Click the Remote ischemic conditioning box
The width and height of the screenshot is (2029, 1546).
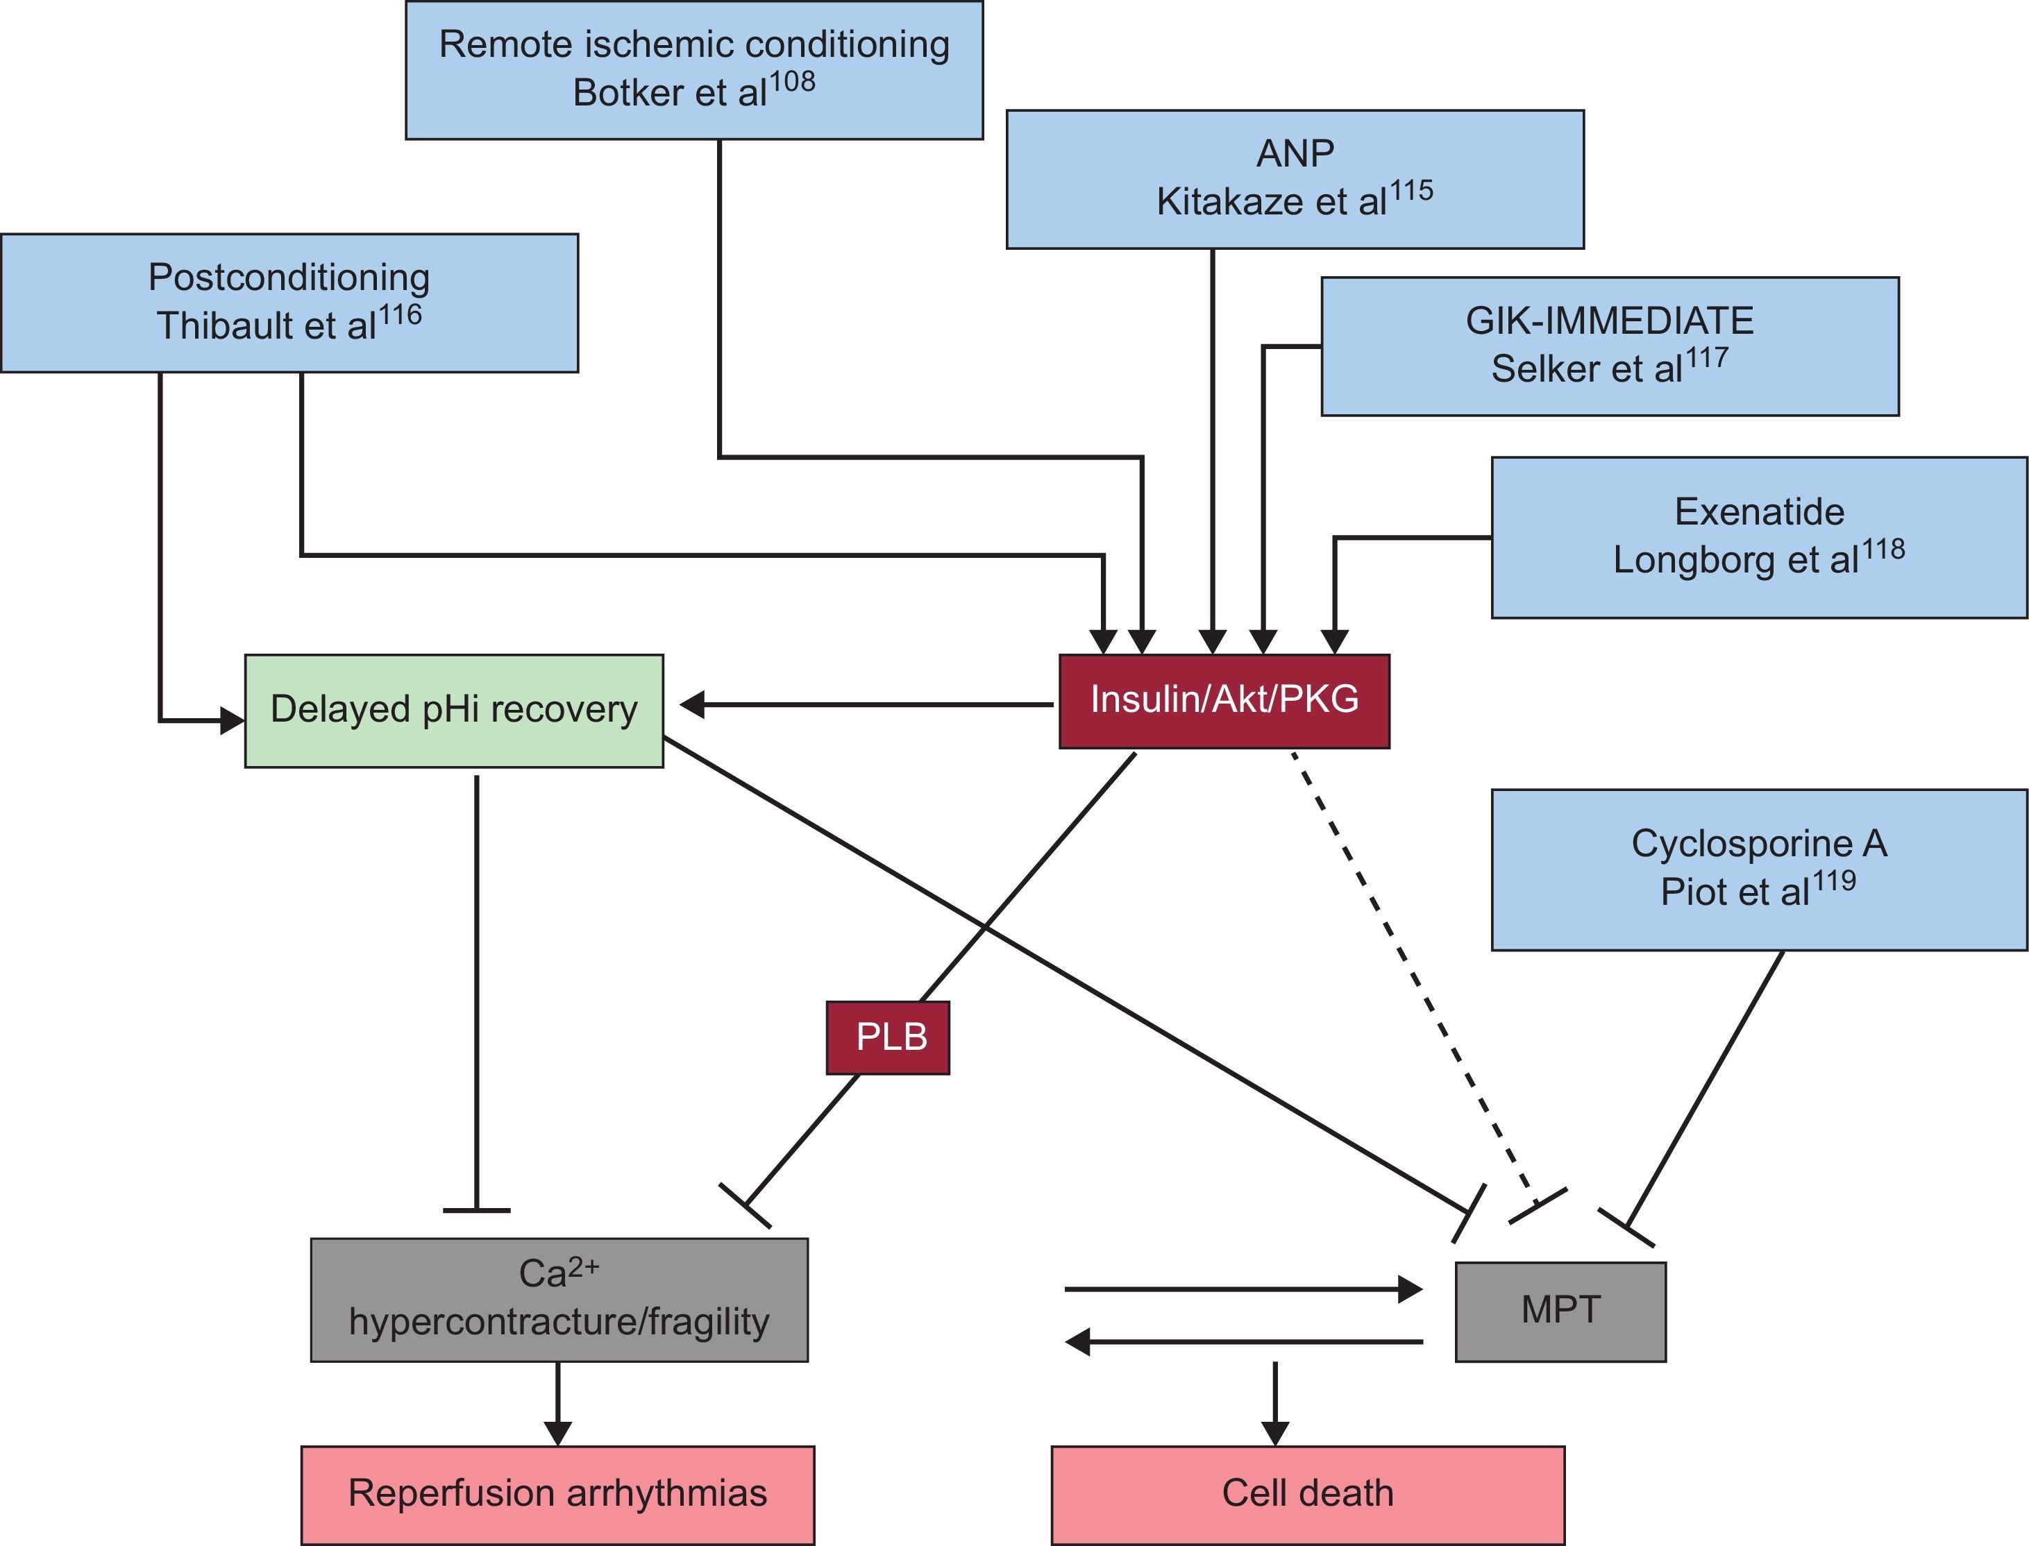(694, 70)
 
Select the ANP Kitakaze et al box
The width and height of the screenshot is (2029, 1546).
(1295, 180)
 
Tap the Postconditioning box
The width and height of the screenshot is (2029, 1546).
(289, 303)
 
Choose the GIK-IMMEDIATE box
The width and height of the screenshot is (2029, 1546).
(1609, 346)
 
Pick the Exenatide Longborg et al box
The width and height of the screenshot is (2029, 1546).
(1758, 537)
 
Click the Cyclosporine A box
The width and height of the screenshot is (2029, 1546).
(1758, 869)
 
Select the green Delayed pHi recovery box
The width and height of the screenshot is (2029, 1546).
(454, 711)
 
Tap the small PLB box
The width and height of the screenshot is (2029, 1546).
(887, 1037)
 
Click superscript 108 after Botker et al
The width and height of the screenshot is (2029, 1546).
(792, 83)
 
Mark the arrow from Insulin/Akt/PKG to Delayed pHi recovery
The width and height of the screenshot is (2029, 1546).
(866, 705)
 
